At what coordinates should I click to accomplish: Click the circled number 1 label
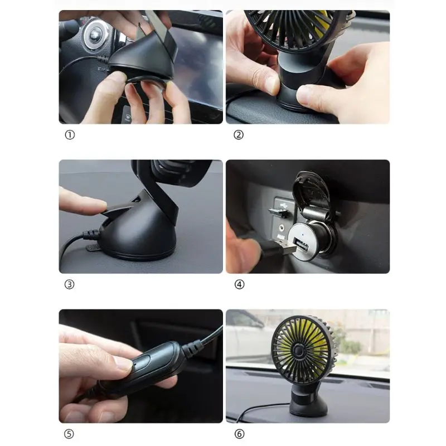[x=70, y=135]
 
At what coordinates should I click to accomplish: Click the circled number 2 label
[x=239, y=135]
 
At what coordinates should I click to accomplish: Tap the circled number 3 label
[x=70, y=284]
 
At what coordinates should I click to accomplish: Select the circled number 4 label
[x=239, y=284]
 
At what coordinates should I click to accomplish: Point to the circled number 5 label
[x=70, y=434]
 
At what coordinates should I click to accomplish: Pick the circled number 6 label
[x=239, y=434]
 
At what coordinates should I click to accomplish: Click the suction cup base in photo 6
[x=308, y=404]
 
